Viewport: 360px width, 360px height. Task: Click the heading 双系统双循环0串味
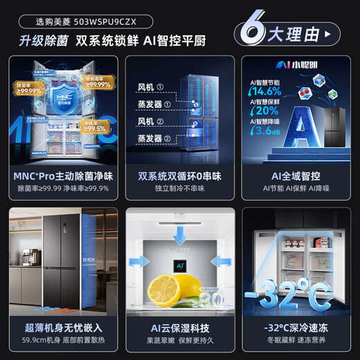point(180,177)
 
